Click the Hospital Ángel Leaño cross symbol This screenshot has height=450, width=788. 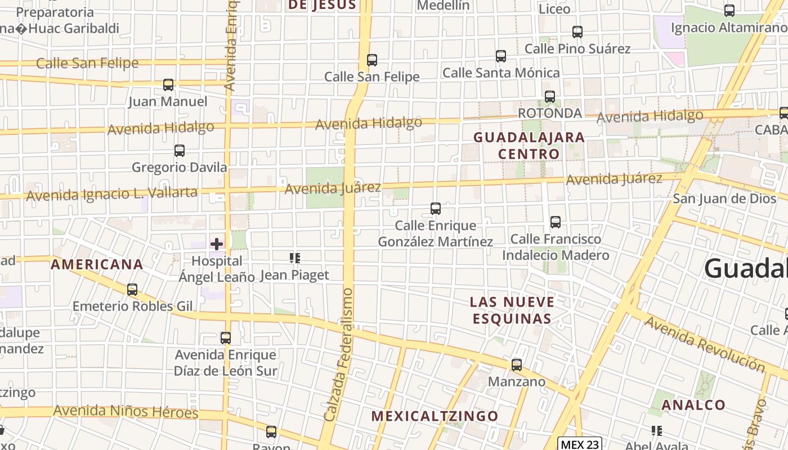[x=217, y=244]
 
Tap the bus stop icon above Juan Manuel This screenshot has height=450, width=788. [x=168, y=85]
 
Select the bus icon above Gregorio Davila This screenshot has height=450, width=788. [x=180, y=151]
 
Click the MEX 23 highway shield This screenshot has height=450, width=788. [x=580, y=444]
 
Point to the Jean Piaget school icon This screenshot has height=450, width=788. [x=294, y=258]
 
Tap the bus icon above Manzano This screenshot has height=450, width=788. [x=517, y=365]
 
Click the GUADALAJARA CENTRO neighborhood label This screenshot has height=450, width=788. [x=529, y=146]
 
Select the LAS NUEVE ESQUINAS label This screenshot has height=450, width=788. [x=512, y=310]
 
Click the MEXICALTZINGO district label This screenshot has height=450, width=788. [x=435, y=416]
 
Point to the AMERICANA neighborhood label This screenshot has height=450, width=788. [x=97, y=264]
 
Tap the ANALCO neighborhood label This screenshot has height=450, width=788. [x=693, y=405]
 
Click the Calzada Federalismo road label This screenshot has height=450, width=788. [x=339, y=354]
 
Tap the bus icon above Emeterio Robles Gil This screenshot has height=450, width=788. [x=132, y=290]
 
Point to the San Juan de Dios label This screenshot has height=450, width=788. [x=724, y=199]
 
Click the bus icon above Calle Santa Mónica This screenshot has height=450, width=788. [x=501, y=56]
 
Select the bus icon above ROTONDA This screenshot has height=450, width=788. [x=550, y=97]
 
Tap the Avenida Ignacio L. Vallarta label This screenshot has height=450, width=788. [x=111, y=194]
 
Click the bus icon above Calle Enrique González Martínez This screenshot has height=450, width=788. [x=436, y=209]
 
